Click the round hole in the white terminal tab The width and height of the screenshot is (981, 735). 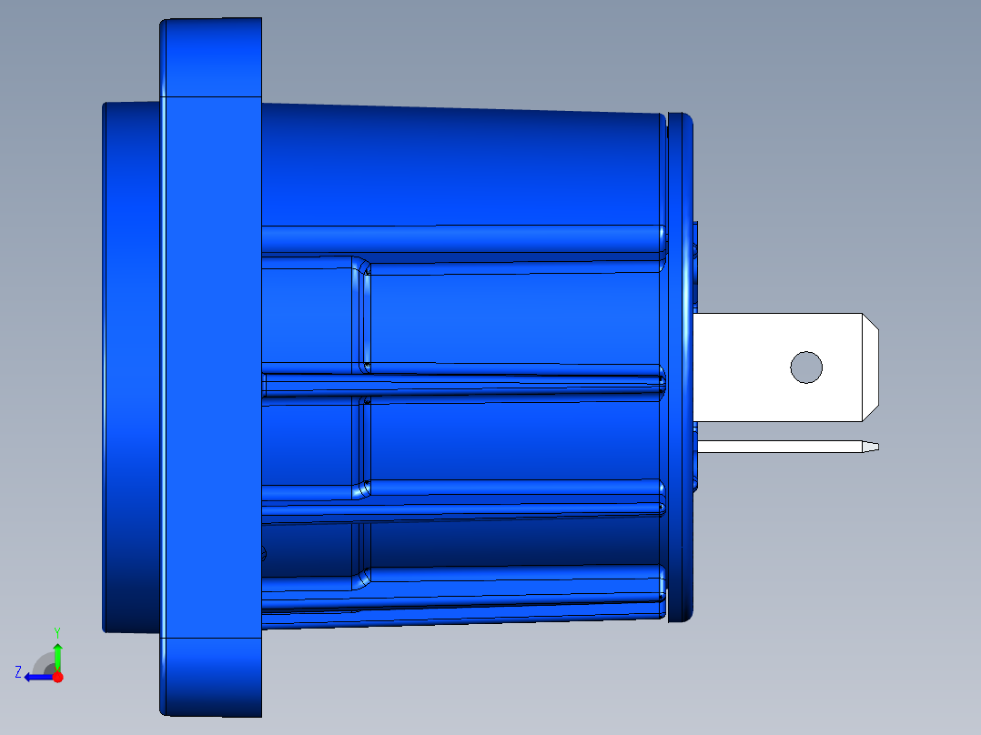pos(806,367)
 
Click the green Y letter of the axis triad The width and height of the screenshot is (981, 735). pos(56,630)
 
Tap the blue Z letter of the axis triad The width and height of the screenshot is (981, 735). pos(18,672)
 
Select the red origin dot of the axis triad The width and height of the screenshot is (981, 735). pos(57,677)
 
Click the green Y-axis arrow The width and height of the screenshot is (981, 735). pos(57,656)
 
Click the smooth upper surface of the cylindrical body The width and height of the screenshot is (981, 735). pos(455,164)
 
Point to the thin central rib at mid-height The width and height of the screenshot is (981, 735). pos(455,381)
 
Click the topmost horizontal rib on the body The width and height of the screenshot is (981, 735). pos(455,238)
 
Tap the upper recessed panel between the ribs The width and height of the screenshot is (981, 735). pos(510,318)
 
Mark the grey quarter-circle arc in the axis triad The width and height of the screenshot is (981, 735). pos(42,660)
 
